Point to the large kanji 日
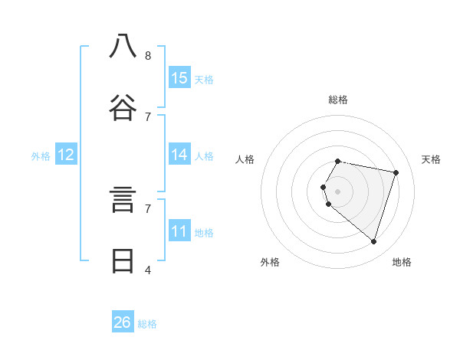tap(123, 261)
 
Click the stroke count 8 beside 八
tap(148, 55)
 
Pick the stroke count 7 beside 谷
tap(148, 116)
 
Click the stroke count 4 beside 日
tap(148, 270)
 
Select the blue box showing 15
tap(179, 78)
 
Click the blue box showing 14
tap(179, 155)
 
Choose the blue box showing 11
tap(179, 231)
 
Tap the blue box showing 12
tap(66, 155)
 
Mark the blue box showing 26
tap(123, 322)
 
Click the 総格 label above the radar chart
tap(338, 100)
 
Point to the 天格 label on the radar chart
tap(431, 159)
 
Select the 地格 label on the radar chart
tap(402, 262)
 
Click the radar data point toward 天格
tap(396, 172)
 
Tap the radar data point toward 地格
tap(373, 242)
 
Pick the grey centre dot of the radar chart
tap(338, 191)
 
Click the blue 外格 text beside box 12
tap(41, 156)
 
